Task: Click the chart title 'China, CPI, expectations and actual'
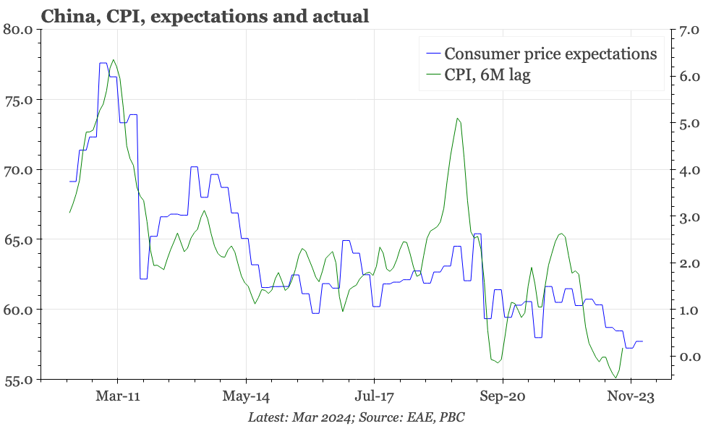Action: click(205, 17)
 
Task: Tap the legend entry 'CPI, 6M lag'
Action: click(487, 74)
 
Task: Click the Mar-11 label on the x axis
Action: click(118, 396)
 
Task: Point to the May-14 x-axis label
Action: click(246, 396)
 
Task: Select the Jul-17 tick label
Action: click(374, 396)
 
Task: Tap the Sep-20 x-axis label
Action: click(502, 396)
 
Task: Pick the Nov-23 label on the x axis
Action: click(630, 396)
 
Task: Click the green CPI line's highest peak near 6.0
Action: click(114, 60)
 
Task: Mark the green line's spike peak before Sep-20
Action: click(457, 119)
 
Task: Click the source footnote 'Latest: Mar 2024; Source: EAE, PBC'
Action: click(356, 417)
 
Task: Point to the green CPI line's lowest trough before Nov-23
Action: click(615, 378)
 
